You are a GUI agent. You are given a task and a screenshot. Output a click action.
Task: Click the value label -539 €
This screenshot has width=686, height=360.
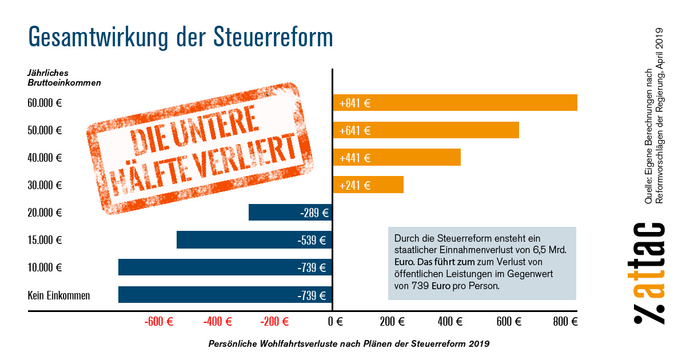(x=312, y=240)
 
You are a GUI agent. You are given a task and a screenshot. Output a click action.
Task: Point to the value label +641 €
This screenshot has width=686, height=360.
(x=355, y=130)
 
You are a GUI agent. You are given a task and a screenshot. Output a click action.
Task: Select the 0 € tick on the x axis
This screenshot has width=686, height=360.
(x=335, y=322)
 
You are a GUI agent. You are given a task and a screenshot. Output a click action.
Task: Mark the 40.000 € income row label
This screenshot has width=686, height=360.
(x=45, y=158)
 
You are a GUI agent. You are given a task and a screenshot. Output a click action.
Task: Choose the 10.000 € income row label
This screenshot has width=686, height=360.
(x=45, y=267)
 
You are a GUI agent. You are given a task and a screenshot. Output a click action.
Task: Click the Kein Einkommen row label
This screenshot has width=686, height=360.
(x=59, y=295)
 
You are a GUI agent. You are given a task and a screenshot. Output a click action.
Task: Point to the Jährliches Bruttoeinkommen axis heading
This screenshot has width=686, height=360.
(x=64, y=78)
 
